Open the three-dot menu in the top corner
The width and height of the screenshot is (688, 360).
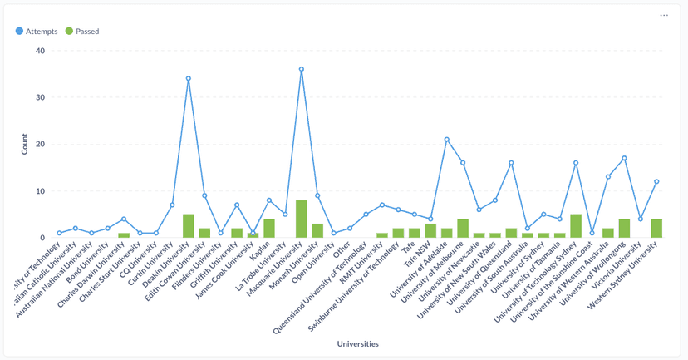pyautogui.click(x=664, y=16)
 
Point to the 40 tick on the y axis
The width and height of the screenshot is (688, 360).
pyautogui.click(x=39, y=51)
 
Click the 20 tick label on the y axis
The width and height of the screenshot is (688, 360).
pyautogui.click(x=39, y=144)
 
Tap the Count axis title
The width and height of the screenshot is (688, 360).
pyautogui.click(x=24, y=144)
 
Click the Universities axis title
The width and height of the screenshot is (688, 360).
pyautogui.click(x=358, y=343)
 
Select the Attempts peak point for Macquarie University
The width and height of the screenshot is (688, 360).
pyautogui.click(x=302, y=69)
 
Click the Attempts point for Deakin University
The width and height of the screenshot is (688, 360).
pyautogui.click(x=189, y=78)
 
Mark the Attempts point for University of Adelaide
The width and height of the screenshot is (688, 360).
pyautogui.click(x=447, y=139)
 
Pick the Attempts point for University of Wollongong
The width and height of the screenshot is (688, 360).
pyautogui.click(x=624, y=158)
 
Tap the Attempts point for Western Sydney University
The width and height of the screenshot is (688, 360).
pyautogui.click(x=656, y=181)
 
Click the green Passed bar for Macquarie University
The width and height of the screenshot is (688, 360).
pyautogui.click(x=302, y=219)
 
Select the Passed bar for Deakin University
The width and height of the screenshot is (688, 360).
pyautogui.click(x=189, y=226)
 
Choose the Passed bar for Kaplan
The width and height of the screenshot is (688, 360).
pyautogui.click(x=269, y=229)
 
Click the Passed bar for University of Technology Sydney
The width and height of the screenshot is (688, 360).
pyautogui.click(x=576, y=226)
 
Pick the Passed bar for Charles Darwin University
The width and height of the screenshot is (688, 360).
pyautogui.click(x=124, y=235)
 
